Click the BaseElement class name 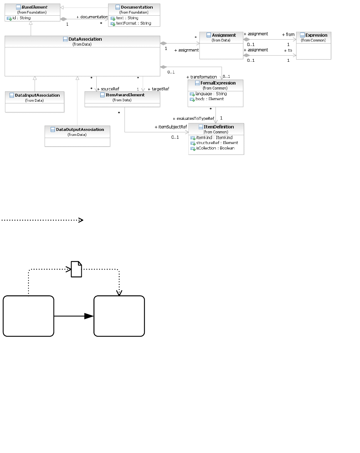pos(34,7)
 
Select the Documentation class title pos(137,7)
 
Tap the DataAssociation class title pos(85,39)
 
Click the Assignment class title pos(224,35)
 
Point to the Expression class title pos(316,35)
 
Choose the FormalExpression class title pos(218,83)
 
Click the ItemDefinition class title pos(219,127)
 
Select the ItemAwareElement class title pos(125,95)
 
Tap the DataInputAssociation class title pos(37,96)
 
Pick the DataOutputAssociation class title pos(80,130)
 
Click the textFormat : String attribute pos(133,24)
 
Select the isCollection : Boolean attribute pos(215,148)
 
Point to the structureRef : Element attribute pos(217,143)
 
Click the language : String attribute pos(211,94)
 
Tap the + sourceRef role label pos(108,89)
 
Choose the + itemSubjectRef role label pos(171,127)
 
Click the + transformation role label pos(202,77)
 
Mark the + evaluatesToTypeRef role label pos(193,118)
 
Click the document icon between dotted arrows pos(76,269)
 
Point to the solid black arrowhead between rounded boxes pos(88,316)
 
